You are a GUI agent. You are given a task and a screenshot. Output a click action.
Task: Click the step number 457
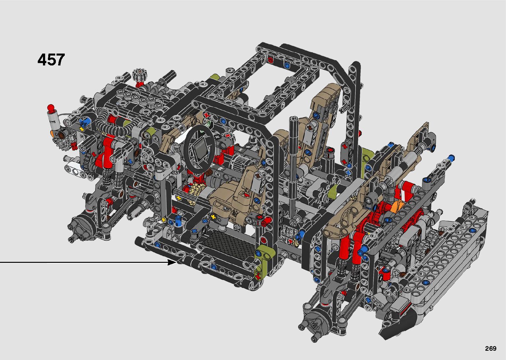[51, 60]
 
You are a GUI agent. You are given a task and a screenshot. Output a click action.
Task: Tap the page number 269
[491, 348]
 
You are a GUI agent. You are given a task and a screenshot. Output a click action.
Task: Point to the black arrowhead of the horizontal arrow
[172, 262]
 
